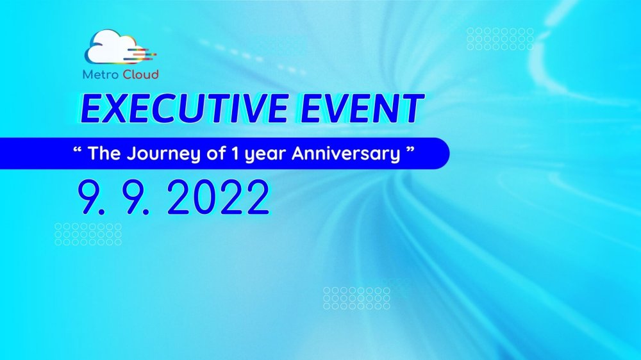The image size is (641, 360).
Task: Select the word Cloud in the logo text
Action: click(140, 74)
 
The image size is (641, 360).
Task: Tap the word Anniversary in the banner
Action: click(346, 154)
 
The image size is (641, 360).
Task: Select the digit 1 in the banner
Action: click(235, 153)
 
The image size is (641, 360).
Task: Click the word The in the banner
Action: click(104, 153)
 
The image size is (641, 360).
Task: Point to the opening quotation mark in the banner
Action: click(78, 149)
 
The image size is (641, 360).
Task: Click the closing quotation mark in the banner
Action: click(410, 149)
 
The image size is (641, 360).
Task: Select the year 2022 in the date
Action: click(219, 197)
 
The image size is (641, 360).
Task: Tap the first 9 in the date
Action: click(90, 197)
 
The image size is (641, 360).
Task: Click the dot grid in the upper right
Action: click(501, 39)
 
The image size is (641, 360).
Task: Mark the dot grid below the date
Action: click(88, 234)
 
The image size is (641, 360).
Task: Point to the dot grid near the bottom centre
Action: click(356, 298)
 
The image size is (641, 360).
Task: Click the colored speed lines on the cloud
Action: click(143, 54)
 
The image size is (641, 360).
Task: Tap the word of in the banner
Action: click(216, 153)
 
